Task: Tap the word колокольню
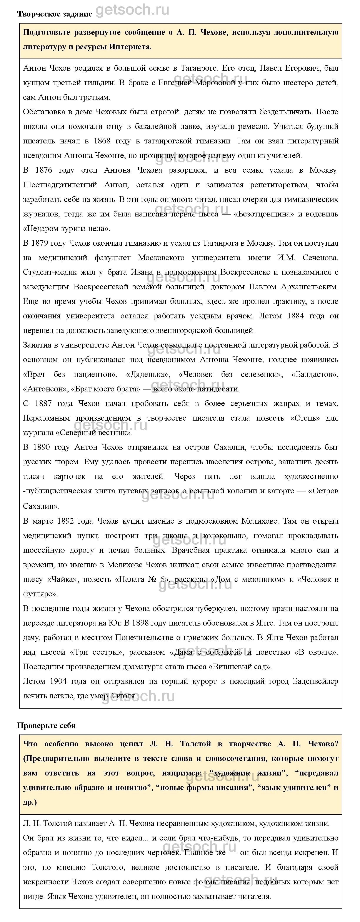coord(223,536)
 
